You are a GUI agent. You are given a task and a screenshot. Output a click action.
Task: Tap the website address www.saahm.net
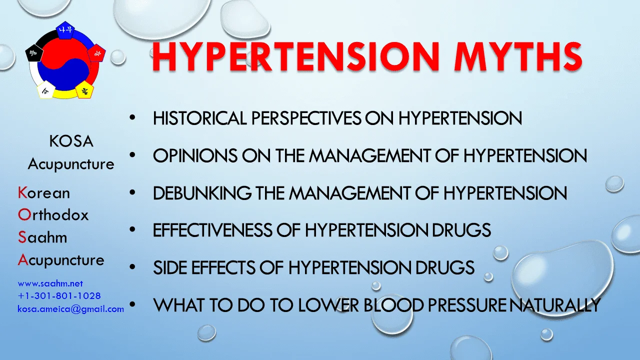point(50,283)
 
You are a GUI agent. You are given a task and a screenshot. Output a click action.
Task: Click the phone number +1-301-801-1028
point(59,296)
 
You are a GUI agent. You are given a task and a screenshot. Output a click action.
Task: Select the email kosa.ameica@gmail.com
point(70,309)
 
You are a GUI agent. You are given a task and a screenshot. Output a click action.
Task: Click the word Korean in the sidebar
point(44,193)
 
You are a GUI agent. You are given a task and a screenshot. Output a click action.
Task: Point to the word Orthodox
point(53,215)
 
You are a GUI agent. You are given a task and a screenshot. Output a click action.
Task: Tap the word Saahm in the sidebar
point(42,237)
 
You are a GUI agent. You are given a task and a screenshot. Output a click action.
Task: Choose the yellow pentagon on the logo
point(84,90)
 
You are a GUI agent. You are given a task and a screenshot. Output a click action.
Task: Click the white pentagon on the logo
point(45,90)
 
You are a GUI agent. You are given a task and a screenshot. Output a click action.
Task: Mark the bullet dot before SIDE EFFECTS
point(132,267)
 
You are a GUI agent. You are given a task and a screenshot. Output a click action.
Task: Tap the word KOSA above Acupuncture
point(71,141)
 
